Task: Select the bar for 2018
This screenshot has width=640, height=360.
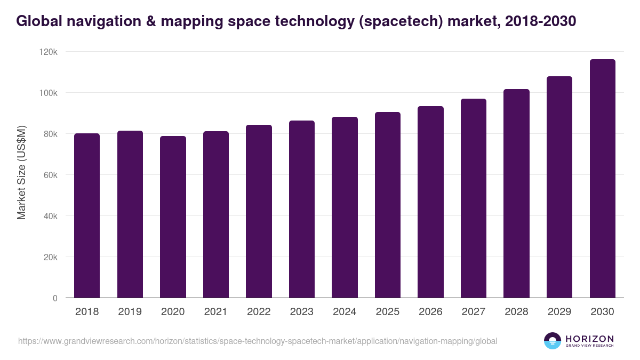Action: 87,215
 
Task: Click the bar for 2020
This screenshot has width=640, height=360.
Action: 173,217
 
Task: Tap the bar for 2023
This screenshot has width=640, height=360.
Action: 301,209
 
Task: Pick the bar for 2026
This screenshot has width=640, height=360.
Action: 430,202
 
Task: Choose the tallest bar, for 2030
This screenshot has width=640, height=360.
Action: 602,179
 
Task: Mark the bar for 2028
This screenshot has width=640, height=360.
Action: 516,194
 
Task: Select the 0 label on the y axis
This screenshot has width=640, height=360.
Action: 54,298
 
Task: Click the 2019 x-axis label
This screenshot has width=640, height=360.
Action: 130,312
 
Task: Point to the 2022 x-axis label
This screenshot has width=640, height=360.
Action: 259,312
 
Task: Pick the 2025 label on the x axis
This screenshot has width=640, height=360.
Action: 387,312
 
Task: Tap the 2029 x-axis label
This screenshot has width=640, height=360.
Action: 559,312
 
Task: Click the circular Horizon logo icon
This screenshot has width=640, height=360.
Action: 553,341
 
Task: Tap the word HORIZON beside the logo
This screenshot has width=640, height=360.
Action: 589,339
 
